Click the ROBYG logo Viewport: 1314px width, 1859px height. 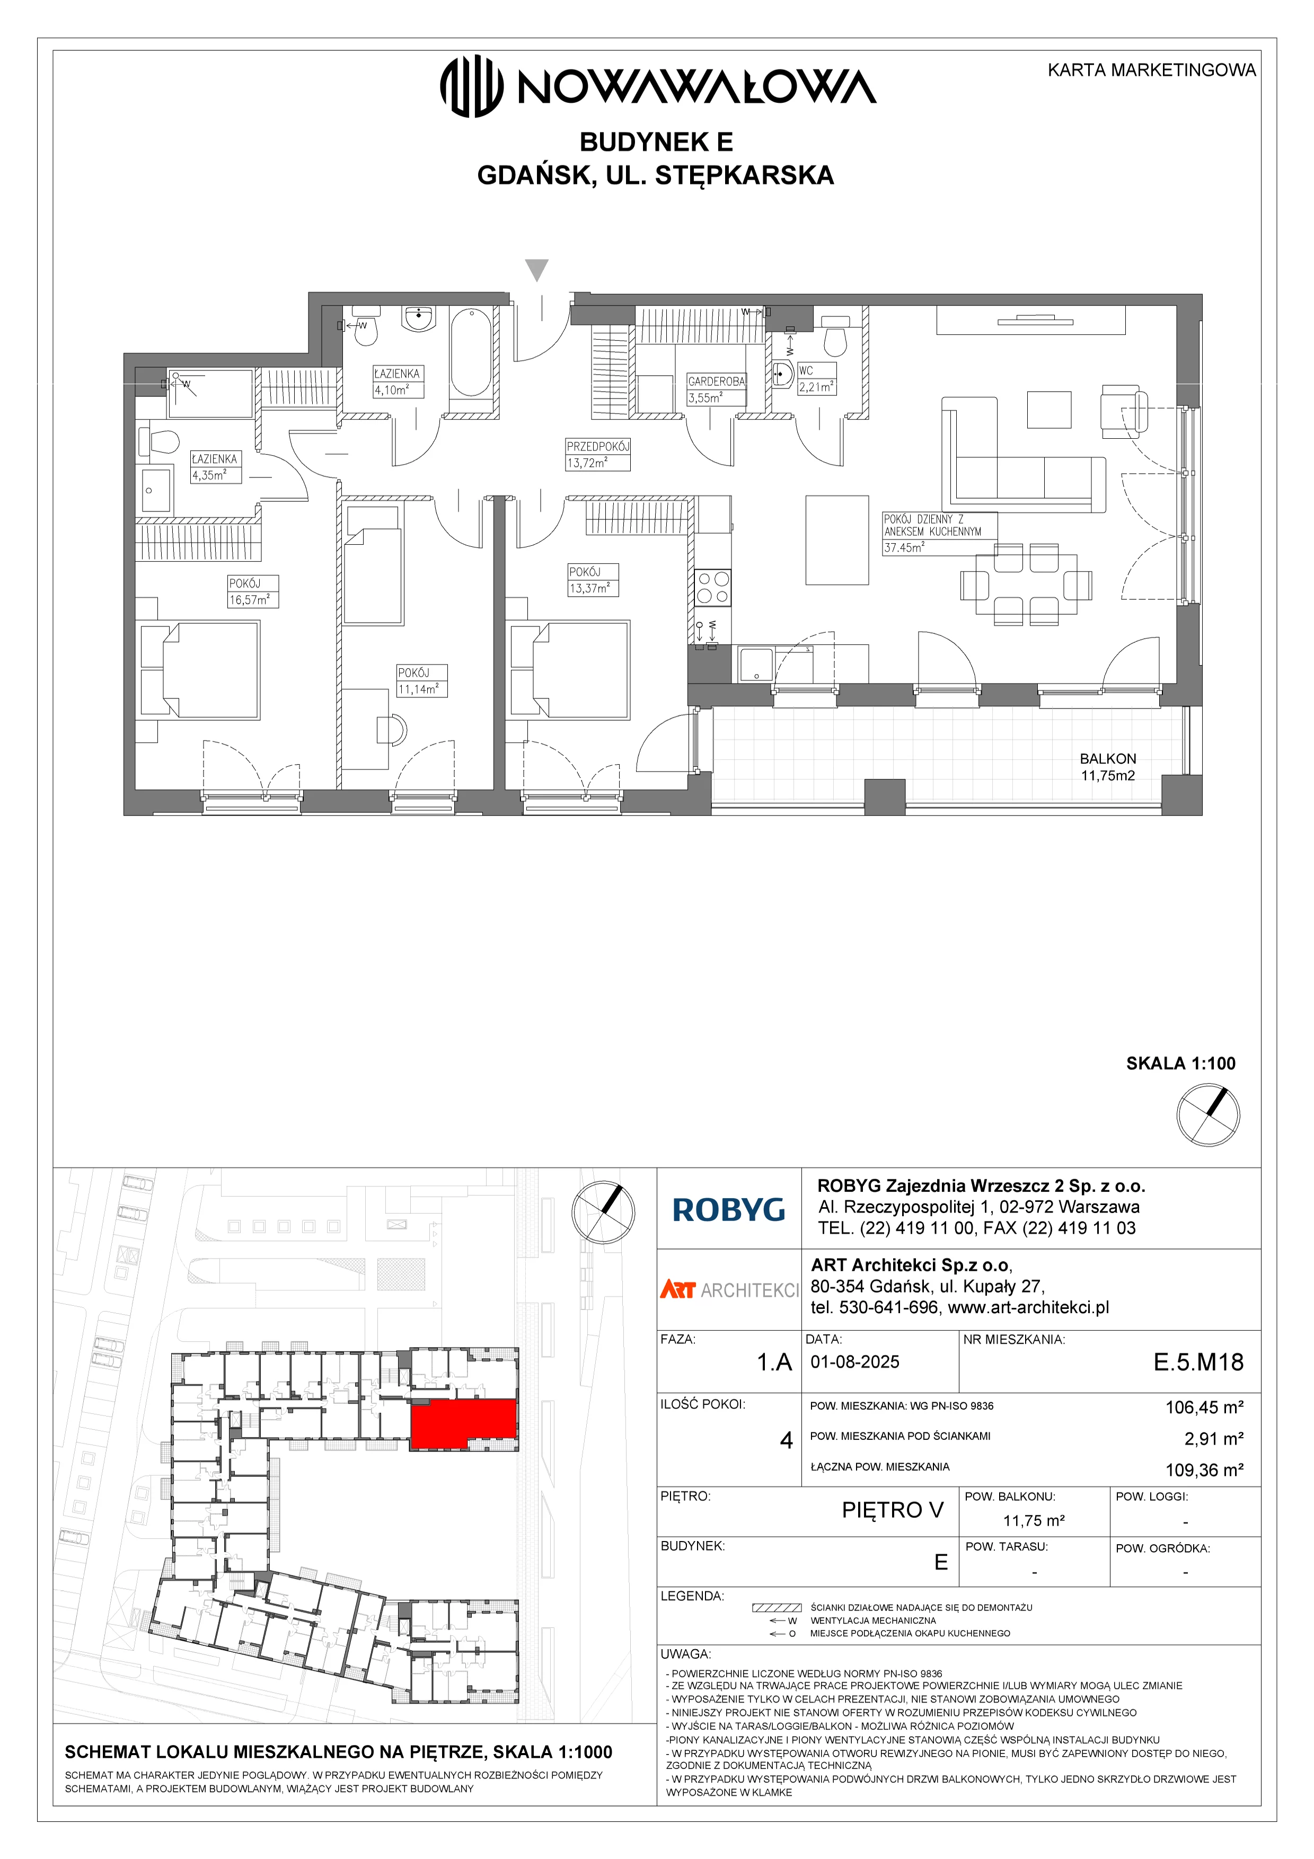[x=729, y=1210]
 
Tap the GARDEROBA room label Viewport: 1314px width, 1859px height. [x=716, y=380]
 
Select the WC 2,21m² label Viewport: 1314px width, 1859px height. [x=816, y=379]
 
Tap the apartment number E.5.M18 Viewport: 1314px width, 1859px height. [x=1198, y=1362]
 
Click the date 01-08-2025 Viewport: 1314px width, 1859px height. [x=855, y=1362]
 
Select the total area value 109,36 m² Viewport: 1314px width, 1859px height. [x=1204, y=1470]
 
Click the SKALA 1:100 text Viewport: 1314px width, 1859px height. [x=1180, y=1063]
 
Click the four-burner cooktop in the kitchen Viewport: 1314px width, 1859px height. [x=712, y=588]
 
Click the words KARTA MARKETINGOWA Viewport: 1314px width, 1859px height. [x=1151, y=70]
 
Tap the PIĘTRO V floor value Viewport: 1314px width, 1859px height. [x=892, y=1510]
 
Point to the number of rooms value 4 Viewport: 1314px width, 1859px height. [x=786, y=1440]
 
